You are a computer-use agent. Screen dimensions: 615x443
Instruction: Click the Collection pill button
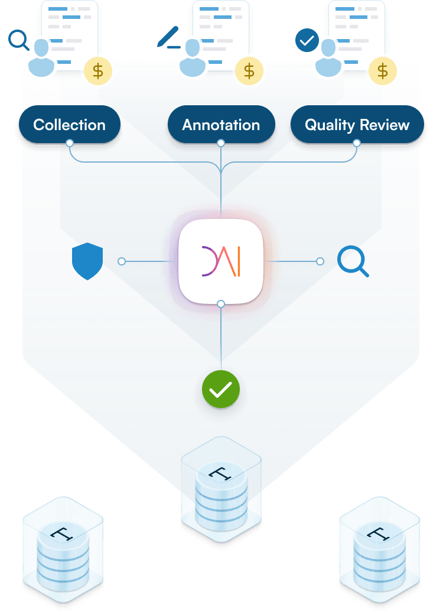point(70,125)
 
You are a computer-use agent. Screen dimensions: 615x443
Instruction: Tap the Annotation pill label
point(221,125)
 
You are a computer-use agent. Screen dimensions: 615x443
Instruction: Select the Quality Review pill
point(357,125)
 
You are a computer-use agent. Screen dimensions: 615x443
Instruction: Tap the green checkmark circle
point(221,389)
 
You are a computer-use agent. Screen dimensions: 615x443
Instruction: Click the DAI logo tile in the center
point(221,261)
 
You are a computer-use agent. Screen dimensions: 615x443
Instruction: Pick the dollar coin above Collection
point(98,71)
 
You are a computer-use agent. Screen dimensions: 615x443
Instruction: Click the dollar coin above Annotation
point(249,71)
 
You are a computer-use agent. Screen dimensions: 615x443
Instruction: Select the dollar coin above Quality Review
point(383,71)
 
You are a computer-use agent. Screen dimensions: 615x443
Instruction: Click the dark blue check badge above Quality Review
point(306,41)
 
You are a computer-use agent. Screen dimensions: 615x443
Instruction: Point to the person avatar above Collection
point(41,58)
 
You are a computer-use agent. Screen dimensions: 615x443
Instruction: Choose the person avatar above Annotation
point(193,58)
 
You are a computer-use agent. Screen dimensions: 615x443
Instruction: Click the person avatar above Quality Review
point(328,58)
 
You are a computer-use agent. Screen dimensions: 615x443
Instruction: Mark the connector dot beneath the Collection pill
point(70,143)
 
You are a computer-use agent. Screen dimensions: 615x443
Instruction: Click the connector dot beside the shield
point(122,261)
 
